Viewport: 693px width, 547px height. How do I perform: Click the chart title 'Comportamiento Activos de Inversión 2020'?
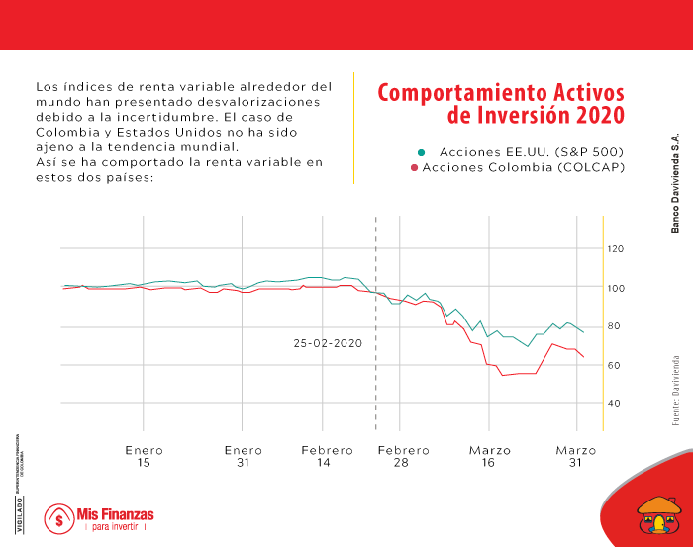(x=501, y=104)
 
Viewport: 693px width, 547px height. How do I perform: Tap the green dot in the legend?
(x=421, y=151)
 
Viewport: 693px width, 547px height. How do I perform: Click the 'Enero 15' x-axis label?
(x=145, y=456)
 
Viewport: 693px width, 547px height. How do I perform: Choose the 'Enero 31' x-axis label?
(x=244, y=456)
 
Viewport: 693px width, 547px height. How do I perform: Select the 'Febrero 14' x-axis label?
(x=327, y=456)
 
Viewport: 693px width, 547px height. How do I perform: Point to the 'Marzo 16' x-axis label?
(x=490, y=456)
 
